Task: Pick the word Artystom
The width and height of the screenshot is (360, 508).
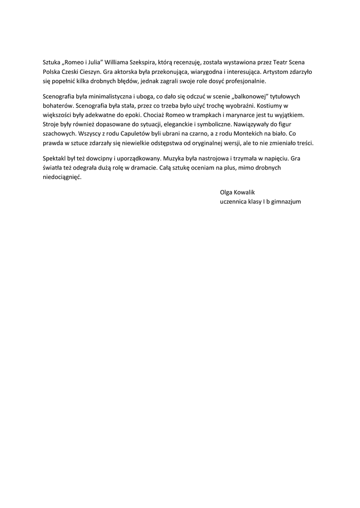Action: point(264,71)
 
